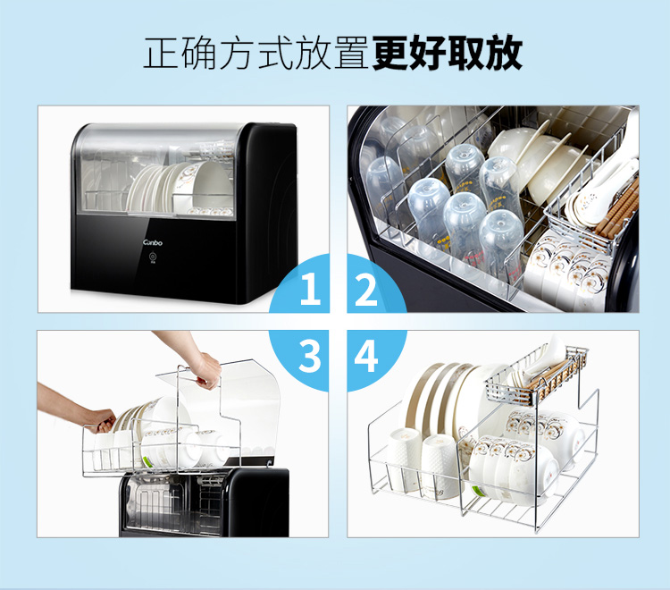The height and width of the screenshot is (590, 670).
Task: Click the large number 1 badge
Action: (310, 289)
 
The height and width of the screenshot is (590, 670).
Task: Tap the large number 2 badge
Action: (366, 289)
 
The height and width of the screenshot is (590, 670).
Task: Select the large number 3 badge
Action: (310, 356)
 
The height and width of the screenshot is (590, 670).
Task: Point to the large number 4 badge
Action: (366, 356)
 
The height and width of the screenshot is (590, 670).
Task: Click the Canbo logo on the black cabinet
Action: (153, 243)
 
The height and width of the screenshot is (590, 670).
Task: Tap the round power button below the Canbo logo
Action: (152, 257)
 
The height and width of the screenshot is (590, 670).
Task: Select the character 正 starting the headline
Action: (160, 53)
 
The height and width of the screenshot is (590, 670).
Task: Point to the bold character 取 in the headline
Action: (466, 53)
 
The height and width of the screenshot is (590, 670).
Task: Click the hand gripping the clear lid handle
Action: (208, 370)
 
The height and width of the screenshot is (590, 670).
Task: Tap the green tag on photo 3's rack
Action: (147, 462)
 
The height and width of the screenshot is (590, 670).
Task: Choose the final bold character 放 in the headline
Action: (504, 53)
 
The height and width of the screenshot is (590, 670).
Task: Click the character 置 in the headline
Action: (351, 53)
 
